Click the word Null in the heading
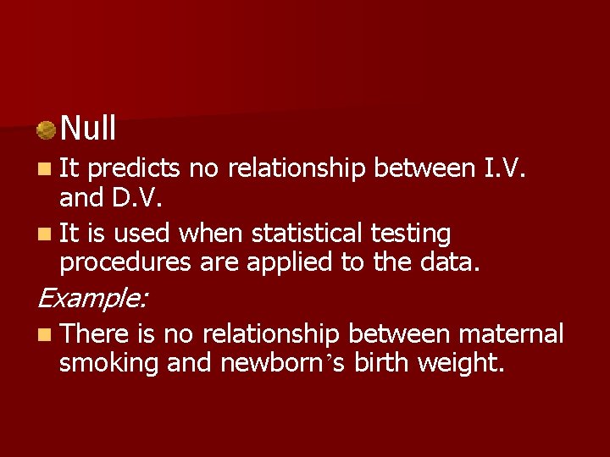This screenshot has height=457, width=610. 88,129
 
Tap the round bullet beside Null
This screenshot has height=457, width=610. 46,130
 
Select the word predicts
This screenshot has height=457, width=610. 134,169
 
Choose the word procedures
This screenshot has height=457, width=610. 125,262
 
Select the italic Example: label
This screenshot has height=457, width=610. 92,298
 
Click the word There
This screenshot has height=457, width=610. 95,334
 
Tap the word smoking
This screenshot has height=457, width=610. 109,364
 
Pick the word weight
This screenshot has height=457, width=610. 463,364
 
